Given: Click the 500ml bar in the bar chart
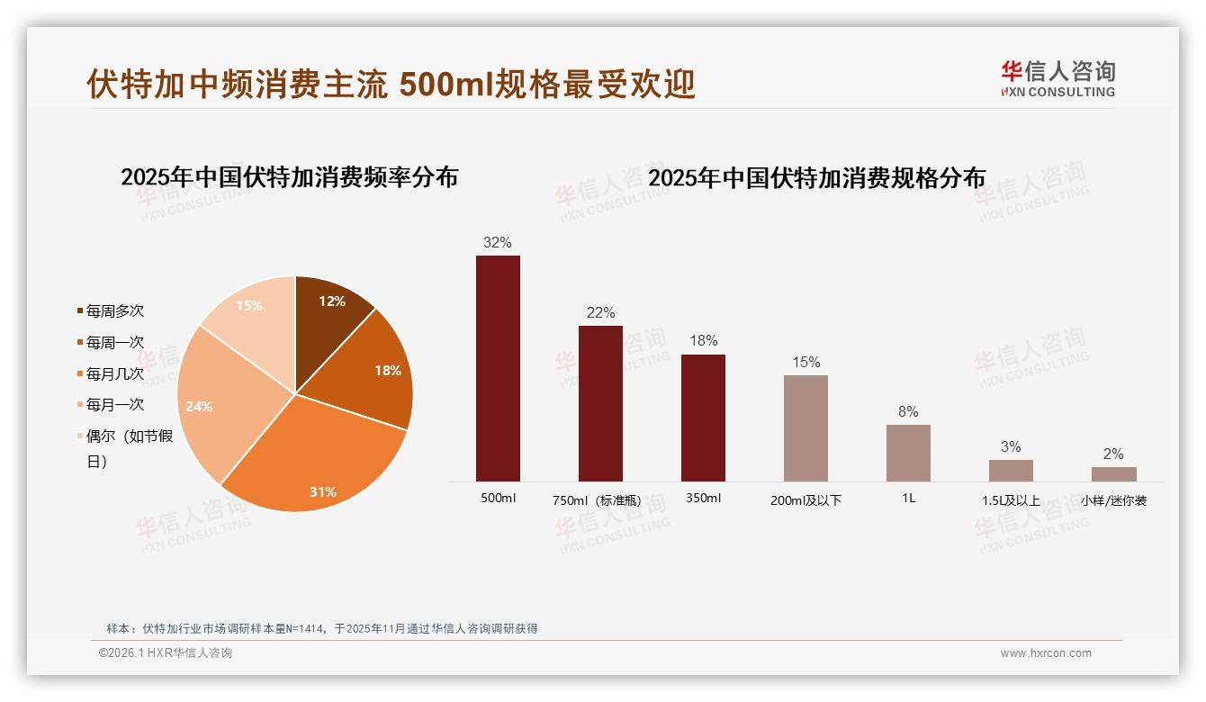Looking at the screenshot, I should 498,369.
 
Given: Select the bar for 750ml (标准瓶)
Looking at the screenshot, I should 600,403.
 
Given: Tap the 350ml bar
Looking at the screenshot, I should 703,418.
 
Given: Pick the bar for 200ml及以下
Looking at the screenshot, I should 805,428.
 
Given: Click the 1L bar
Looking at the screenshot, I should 908,453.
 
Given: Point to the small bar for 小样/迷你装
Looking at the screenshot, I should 1113,473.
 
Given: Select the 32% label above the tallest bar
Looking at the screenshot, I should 497,242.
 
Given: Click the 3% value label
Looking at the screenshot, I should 1011,446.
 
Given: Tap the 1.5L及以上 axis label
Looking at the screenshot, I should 1011,500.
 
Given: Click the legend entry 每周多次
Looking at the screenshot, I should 114,310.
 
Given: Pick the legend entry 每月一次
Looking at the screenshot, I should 114,404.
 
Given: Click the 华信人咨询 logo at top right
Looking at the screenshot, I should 1057,79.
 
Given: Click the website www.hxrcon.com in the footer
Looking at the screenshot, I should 1046,653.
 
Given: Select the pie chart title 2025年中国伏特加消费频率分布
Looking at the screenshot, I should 289,177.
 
